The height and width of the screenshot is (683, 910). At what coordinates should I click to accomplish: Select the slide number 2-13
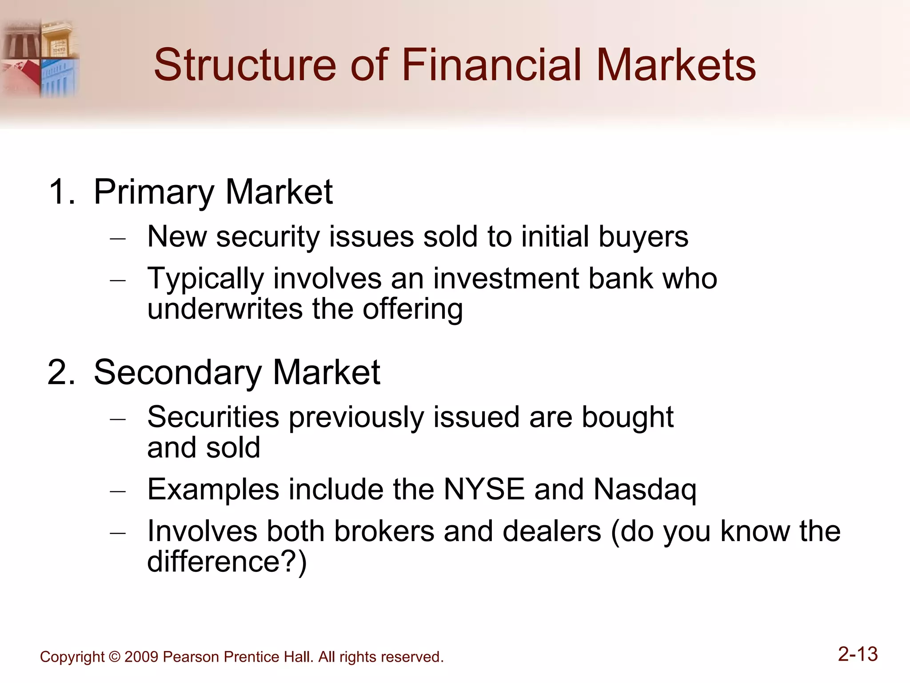point(858,654)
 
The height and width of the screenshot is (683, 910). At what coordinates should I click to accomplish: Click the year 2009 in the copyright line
point(141,657)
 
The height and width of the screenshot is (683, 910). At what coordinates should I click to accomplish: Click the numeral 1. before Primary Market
point(62,192)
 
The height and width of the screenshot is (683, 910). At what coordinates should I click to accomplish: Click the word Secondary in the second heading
point(178,372)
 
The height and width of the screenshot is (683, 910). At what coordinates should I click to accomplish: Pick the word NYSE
point(484,489)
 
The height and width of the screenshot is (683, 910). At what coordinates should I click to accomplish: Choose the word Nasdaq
point(645,490)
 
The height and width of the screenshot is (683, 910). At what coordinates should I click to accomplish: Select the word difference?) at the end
point(227,562)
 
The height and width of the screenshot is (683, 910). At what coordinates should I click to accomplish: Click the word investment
point(506,279)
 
